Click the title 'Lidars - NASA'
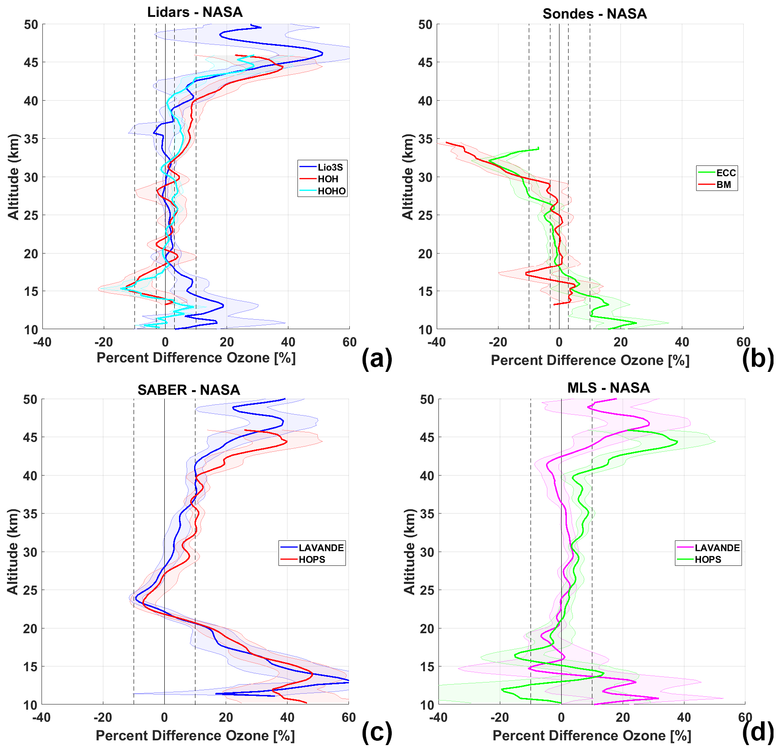pyautogui.click(x=195, y=12)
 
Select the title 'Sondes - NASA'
pyautogui.click(x=595, y=14)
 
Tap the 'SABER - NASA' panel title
pyautogui.click(x=189, y=390)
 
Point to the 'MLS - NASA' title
pyautogui.click(x=608, y=387)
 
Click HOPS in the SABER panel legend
pyautogui.click(x=311, y=559)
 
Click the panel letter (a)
pyautogui.click(x=377, y=359)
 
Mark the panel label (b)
pyautogui.click(x=758, y=359)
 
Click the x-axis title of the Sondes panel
pyautogui.click(x=590, y=360)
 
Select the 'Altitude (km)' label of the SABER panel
pyautogui.click(x=13, y=551)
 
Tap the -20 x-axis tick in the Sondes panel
pyautogui.click(x=498, y=342)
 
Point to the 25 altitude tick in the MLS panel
pyautogui.click(x=427, y=590)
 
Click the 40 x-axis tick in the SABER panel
pyautogui.click(x=287, y=717)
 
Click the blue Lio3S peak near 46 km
pyautogui.click(x=322, y=54)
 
